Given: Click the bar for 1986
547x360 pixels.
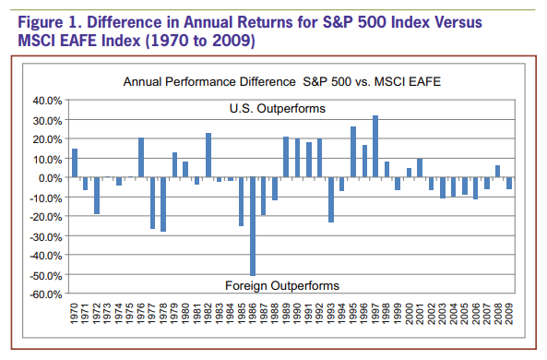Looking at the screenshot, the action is (x=253, y=226).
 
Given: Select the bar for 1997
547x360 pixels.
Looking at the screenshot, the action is (x=375, y=146).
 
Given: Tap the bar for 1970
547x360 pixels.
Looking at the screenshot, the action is (x=75, y=163).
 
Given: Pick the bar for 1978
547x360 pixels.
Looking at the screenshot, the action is (x=163, y=204).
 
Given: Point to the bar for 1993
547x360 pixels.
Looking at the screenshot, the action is (x=331, y=199).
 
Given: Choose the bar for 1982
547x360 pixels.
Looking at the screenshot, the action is (x=208, y=155).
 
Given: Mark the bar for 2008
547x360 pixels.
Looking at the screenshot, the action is (x=498, y=172).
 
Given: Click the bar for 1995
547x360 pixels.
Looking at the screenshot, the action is (x=353, y=152).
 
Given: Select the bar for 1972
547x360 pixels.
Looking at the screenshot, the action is (x=97, y=196).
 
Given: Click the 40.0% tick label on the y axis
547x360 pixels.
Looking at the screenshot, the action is (x=47, y=101).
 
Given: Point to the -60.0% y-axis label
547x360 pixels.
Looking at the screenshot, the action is (x=46, y=294).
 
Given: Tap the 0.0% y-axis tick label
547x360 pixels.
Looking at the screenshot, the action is (x=50, y=178).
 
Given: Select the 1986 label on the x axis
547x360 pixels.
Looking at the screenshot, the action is (x=253, y=314).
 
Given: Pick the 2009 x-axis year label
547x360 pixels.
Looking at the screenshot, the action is (x=509, y=314).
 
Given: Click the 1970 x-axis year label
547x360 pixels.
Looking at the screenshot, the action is (x=75, y=314).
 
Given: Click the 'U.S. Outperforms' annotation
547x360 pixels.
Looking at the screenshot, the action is (x=278, y=109).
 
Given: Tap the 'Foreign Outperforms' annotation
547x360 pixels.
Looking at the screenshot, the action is (x=282, y=285).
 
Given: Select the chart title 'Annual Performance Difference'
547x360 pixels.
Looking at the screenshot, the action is (x=209, y=82).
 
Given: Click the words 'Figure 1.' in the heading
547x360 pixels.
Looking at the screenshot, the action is (x=50, y=22).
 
